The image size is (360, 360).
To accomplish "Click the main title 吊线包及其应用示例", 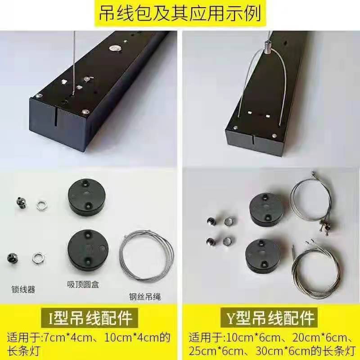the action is click(180, 13).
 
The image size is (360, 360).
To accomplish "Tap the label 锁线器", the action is click(23, 289).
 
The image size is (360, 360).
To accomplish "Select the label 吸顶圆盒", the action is click(83, 285).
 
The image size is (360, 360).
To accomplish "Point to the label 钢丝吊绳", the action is click(145, 297).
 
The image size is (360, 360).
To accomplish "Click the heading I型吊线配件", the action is click(90, 318).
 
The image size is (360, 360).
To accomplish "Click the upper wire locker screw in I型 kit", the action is click(21, 203).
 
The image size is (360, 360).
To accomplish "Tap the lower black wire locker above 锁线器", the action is click(13, 258).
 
